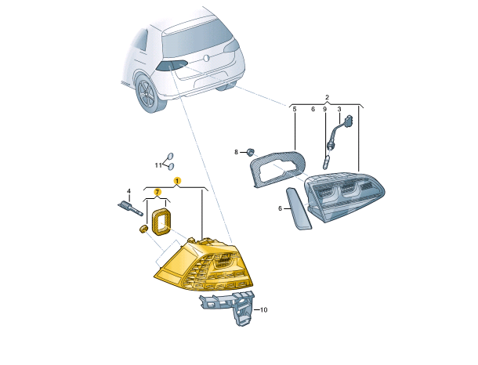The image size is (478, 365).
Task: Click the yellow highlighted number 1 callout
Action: coord(177,181)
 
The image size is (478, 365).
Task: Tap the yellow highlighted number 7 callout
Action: coord(157,192)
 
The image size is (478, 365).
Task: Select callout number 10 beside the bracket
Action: coord(264,310)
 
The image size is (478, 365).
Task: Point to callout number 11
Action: coord(158,165)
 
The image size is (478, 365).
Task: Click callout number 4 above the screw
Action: coord(129,191)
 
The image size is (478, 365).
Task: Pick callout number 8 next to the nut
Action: coord(236,152)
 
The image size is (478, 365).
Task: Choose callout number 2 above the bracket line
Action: coord(327,97)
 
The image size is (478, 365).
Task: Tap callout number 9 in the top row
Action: coord(324,109)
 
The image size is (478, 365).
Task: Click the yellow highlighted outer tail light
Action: coord(204,263)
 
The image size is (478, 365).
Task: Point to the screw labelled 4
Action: coord(131,208)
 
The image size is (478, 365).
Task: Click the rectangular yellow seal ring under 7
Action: coord(161,222)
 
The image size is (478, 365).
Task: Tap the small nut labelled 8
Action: coord(251,151)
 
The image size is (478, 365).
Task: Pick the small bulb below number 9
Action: coord(325,162)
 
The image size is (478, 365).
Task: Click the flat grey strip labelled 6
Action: coord(299,209)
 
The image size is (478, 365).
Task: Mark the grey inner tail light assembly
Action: coord(345,197)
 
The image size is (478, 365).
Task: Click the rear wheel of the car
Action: coord(150,93)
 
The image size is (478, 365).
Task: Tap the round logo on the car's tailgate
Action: coord(207,58)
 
